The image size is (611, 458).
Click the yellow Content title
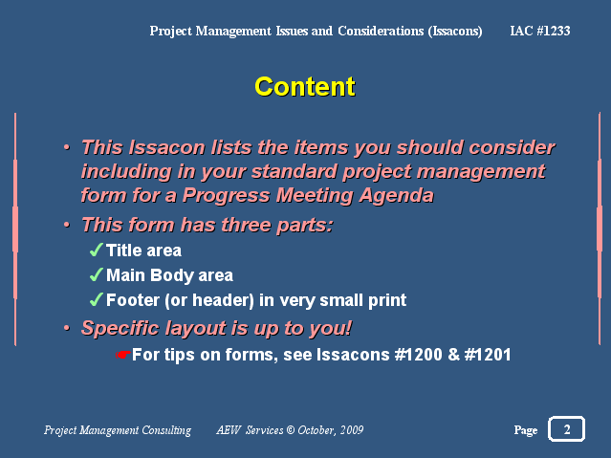pos(305,87)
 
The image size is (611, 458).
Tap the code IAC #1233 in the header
pos(540,31)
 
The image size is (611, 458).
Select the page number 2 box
pos(567,428)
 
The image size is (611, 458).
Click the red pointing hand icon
pos(122,355)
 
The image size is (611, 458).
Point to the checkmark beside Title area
pos(97,250)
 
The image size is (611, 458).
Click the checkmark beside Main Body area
pos(97,274)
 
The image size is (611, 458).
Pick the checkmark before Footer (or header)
pos(97,299)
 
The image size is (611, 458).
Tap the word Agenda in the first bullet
pos(396,195)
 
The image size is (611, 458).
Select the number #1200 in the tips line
pos(418,355)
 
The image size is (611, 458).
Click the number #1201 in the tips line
pos(488,355)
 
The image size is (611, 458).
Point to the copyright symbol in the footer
pos(291,430)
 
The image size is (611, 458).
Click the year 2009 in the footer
pos(352,430)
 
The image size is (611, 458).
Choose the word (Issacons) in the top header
pos(455,31)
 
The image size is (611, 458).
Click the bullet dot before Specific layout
pos(67,328)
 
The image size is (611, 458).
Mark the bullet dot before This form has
pos(67,225)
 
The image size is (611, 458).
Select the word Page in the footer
pos(526,430)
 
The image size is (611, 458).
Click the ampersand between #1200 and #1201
pos(453,355)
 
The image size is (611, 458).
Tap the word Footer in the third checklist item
pos(133,300)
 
